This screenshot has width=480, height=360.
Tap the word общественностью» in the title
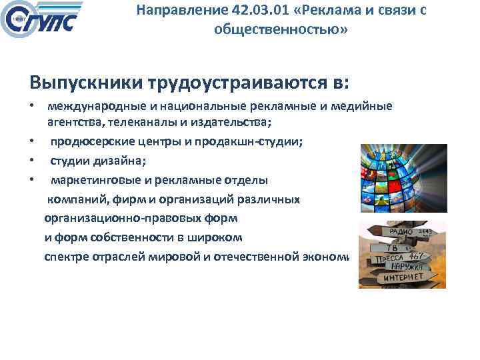tap(281, 30)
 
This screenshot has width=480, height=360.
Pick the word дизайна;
tap(119, 161)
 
